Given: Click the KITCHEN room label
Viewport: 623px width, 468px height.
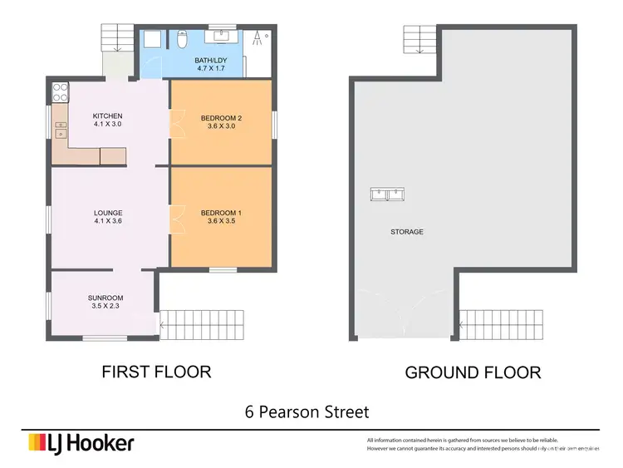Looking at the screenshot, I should click(107, 116).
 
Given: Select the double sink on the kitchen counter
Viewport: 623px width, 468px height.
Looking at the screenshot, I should click(60, 129).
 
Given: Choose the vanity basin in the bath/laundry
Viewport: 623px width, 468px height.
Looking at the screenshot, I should click(221, 36).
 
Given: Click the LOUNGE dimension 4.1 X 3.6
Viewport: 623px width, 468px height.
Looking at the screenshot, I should click(107, 222).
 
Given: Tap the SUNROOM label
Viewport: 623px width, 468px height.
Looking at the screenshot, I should click(105, 298).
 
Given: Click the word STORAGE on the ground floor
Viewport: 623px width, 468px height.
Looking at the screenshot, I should click(406, 232).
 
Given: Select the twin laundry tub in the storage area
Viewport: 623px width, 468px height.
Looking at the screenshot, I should click(387, 195).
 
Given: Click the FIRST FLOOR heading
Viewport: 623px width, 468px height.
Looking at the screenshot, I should click(156, 371).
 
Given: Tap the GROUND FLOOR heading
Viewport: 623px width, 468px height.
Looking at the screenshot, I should click(473, 372).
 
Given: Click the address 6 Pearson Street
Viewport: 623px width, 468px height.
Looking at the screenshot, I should click(307, 411).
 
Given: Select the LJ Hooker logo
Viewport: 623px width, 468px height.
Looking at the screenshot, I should click(81, 443).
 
